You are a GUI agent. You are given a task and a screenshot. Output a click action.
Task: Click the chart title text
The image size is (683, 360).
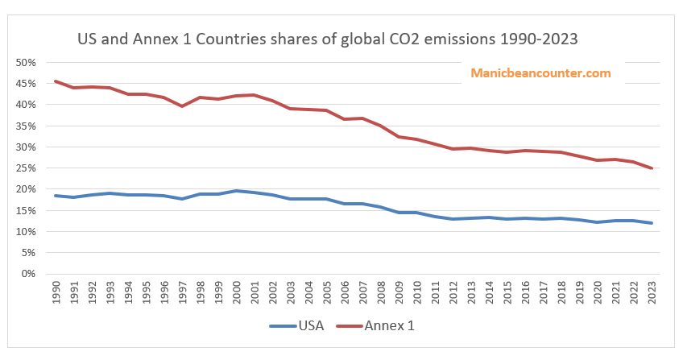coord(328,39)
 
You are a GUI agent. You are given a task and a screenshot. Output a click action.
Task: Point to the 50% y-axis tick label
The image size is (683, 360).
coord(26,63)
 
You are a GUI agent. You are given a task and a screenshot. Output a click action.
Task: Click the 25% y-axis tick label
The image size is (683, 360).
coord(26,168)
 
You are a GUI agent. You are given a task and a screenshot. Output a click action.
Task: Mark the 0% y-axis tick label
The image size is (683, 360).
coord(29,274)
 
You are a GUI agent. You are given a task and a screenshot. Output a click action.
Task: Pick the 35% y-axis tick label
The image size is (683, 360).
coord(26,126)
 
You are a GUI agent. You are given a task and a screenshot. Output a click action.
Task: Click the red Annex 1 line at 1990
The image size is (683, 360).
coord(56,81)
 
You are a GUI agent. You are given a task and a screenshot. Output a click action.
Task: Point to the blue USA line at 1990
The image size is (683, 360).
coord(56,196)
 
